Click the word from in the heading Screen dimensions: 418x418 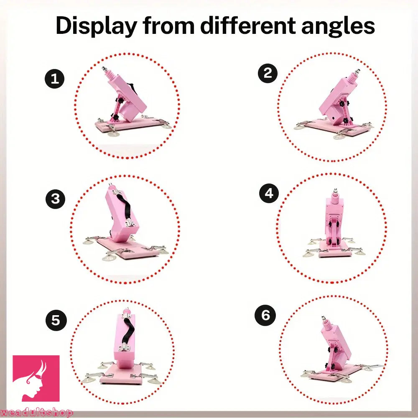[168, 25]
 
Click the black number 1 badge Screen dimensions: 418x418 [55, 79]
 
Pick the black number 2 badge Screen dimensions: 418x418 [268, 73]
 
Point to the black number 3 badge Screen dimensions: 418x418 [56, 199]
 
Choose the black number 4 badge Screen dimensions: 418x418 [269, 193]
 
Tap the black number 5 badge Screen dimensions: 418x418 [56, 320]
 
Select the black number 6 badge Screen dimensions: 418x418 [265, 316]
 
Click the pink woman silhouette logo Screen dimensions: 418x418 [36, 378]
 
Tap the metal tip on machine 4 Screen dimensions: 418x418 [334, 191]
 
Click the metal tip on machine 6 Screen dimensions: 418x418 [324, 318]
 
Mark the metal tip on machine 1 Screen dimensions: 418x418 [104, 69]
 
